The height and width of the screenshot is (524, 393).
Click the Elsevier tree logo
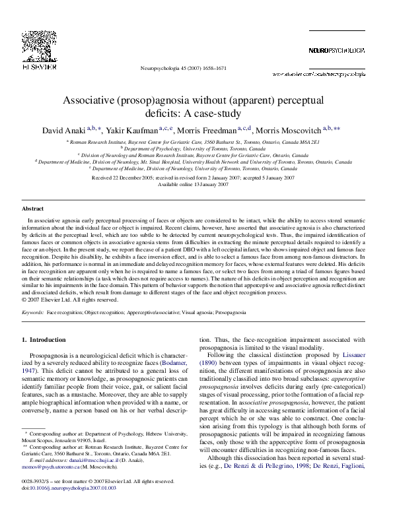coord(31,43)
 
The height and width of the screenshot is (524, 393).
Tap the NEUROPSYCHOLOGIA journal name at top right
coord(336,51)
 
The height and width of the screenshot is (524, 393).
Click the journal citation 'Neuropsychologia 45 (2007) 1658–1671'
coord(184,69)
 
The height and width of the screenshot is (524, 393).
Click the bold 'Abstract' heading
coord(33,209)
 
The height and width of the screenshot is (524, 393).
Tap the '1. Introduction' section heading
coord(44,339)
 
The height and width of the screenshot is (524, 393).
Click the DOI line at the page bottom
coord(60,508)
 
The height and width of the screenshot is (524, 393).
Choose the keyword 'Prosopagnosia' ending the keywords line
coord(231,310)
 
